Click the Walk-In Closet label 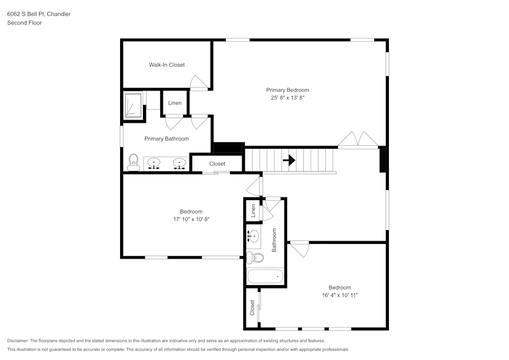[166, 65]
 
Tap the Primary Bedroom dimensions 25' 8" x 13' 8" [287, 97]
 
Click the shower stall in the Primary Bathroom [133, 105]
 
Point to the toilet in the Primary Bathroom [134, 162]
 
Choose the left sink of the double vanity [154, 163]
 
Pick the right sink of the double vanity [179, 163]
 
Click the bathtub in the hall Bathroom [265, 276]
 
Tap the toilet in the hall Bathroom [254, 258]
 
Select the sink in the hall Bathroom [253, 236]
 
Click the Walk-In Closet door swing [199, 82]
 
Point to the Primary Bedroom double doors [359, 140]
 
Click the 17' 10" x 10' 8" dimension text [191, 219]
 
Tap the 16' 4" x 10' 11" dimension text [340, 295]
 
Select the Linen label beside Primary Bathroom [175, 103]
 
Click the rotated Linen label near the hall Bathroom [252, 211]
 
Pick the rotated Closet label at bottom [252, 308]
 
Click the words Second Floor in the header [24, 23]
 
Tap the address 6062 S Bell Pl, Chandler [39, 14]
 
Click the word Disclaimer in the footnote [18, 341]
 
